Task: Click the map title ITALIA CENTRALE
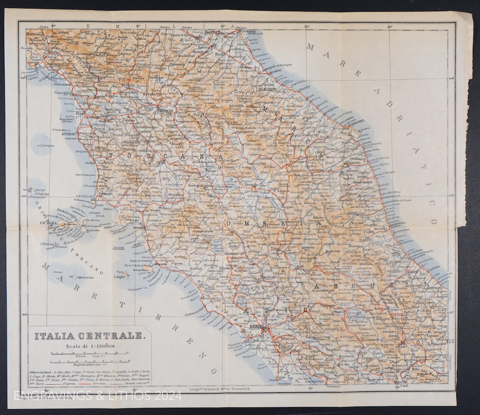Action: click(x=90, y=335)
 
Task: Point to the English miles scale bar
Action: click(x=90, y=362)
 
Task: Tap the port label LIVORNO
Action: click(x=69, y=133)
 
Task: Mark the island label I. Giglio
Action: click(x=120, y=277)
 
